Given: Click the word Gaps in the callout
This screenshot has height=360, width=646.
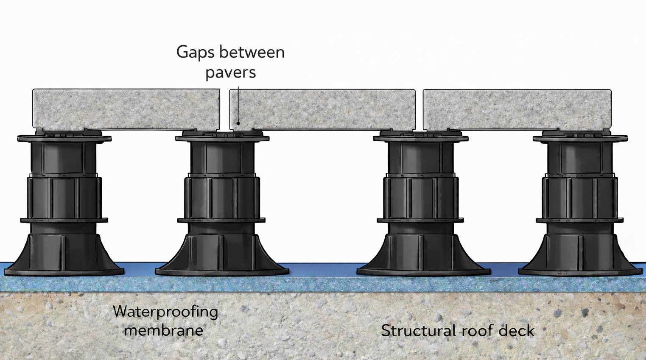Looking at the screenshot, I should [191, 53].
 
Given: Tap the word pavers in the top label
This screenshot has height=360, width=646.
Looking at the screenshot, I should [230, 73].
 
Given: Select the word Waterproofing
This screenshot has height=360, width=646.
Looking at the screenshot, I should [165, 312].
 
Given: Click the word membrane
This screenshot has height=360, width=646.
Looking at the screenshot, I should [164, 330].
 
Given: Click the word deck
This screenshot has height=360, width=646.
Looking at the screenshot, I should [516, 330].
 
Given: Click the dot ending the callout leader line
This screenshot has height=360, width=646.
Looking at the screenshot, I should [238, 123].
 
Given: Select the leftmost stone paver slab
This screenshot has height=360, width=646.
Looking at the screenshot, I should [126, 109].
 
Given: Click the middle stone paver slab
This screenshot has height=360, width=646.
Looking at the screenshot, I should [322, 109].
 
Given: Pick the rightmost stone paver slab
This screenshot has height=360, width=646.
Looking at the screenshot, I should [517, 109].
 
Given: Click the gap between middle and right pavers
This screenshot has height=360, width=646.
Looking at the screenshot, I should [419, 109].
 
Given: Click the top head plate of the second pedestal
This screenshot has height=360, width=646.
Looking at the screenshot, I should [222, 137].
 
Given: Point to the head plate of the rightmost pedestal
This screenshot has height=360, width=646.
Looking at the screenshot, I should [580, 138].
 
